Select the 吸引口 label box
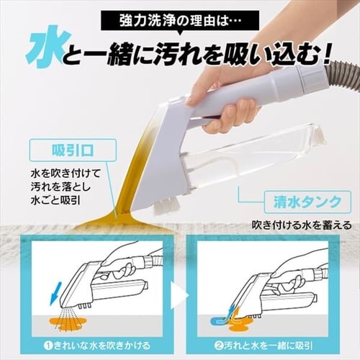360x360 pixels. [x=73, y=152]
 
